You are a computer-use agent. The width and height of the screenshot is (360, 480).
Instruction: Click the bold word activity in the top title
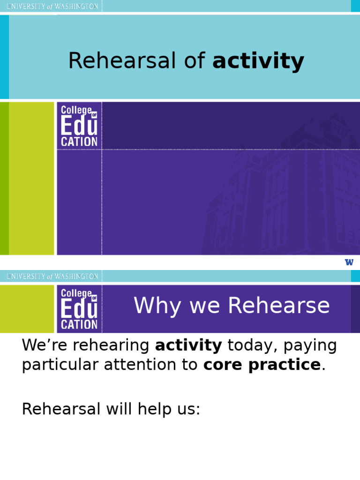[x=258, y=61]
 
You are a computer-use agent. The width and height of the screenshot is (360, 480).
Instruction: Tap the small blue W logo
[x=349, y=262]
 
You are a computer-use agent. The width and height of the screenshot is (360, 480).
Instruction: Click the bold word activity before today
[x=188, y=345]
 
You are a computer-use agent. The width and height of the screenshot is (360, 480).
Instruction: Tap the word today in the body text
[x=247, y=345]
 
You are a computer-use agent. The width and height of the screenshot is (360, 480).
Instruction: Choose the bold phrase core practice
[x=262, y=365]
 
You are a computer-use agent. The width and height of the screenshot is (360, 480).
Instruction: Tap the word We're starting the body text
[x=40, y=345]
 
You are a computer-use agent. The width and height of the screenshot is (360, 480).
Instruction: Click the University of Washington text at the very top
[x=52, y=6]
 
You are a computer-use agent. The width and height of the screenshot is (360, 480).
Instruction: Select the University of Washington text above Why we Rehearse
[x=52, y=276]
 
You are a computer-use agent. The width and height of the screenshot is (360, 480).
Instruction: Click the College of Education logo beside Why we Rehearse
[x=79, y=309]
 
